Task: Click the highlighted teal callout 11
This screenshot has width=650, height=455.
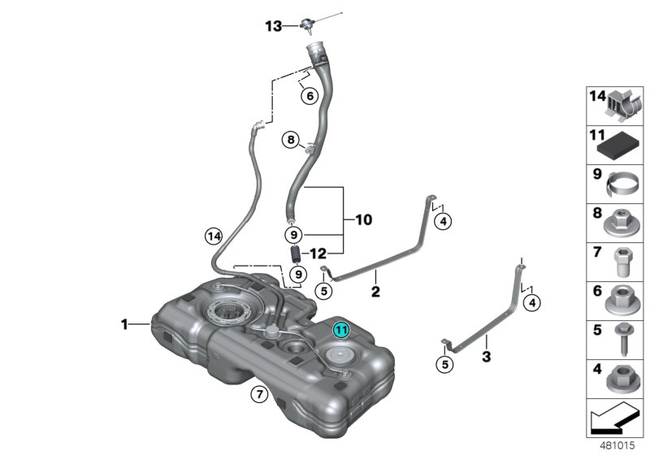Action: coord(342,330)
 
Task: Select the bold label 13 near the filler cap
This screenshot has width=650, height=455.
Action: coord(273,26)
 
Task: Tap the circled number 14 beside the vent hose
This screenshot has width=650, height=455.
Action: coord(213,236)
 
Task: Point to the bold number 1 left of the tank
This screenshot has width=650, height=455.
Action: coord(125,324)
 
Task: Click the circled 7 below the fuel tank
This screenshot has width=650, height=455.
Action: coord(258,395)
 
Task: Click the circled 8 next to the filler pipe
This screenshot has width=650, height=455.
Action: coord(291,141)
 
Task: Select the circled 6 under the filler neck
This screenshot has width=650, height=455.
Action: coord(308,96)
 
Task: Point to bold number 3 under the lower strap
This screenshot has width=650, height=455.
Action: coord(486,356)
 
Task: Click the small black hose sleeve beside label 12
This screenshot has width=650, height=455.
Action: coord(297,253)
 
